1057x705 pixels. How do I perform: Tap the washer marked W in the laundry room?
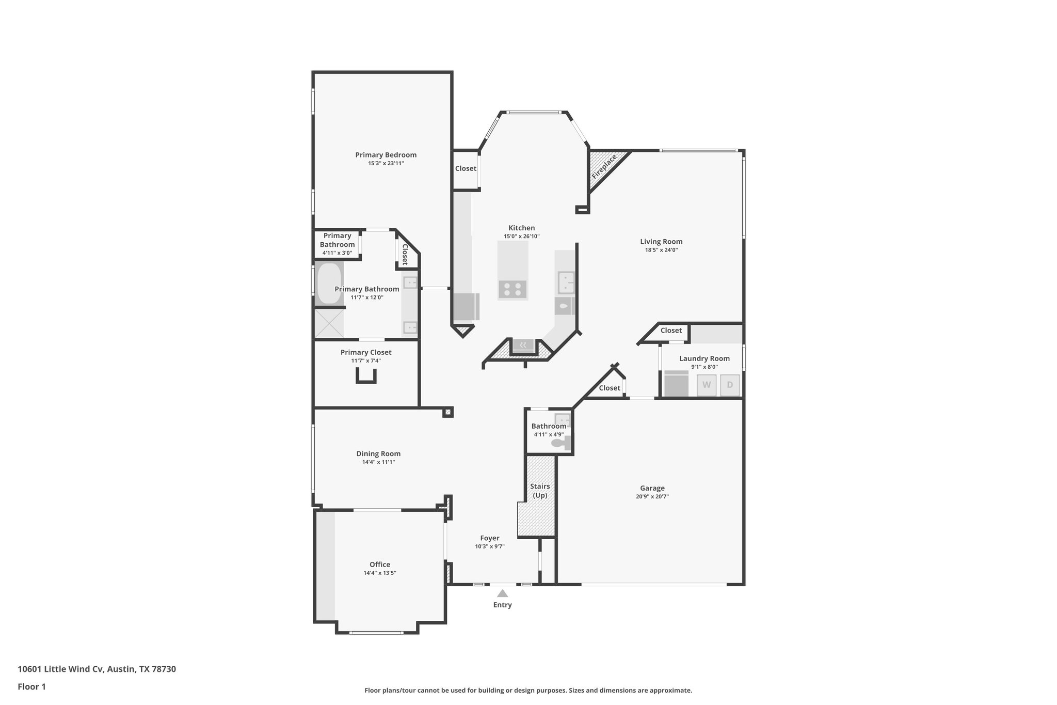[x=707, y=385]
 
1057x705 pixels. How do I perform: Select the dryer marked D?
[x=730, y=385]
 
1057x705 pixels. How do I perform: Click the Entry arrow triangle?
[x=502, y=593]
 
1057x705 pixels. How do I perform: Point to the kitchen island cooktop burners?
[x=513, y=289]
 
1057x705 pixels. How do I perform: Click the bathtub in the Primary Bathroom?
[x=329, y=284]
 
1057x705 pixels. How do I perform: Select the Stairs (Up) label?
[x=540, y=491]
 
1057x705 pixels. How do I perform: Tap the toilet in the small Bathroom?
[x=558, y=443]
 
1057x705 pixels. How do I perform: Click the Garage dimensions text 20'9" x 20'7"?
[x=652, y=496]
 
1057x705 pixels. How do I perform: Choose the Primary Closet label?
[x=366, y=352]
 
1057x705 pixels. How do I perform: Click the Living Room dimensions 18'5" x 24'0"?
[x=661, y=250]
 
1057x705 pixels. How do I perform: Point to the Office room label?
[x=380, y=565]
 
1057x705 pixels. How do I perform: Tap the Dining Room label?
[x=378, y=454]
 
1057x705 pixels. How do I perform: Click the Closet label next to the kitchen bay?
[x=466, y=168]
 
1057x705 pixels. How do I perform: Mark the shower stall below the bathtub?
[x=329, y=323]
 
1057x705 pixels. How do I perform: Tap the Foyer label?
[x=489, y=538]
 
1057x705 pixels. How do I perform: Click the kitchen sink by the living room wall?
[x=566, y=283]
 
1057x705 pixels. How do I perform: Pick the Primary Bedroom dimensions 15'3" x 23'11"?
[x=386, y=163]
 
